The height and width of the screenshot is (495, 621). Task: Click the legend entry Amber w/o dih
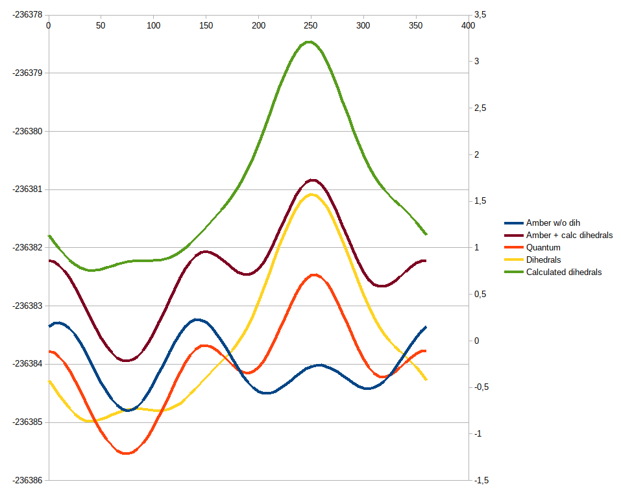pos(553,223)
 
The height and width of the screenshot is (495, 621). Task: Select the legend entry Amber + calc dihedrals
pos(569,235)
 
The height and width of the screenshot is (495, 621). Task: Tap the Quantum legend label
pos(543,247)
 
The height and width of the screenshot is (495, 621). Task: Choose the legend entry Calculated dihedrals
pos(563,272)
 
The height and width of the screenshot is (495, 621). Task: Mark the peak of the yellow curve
pos(311,194)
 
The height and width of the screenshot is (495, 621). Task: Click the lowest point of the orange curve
pos(126,453)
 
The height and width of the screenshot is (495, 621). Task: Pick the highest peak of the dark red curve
pos(313,180)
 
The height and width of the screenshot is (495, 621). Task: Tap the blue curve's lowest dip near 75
pos(128,410)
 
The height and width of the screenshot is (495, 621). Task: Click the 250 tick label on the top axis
pos(311,25)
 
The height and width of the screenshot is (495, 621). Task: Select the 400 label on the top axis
pos(468,25)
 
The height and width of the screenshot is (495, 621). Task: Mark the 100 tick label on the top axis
pos(153,25)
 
